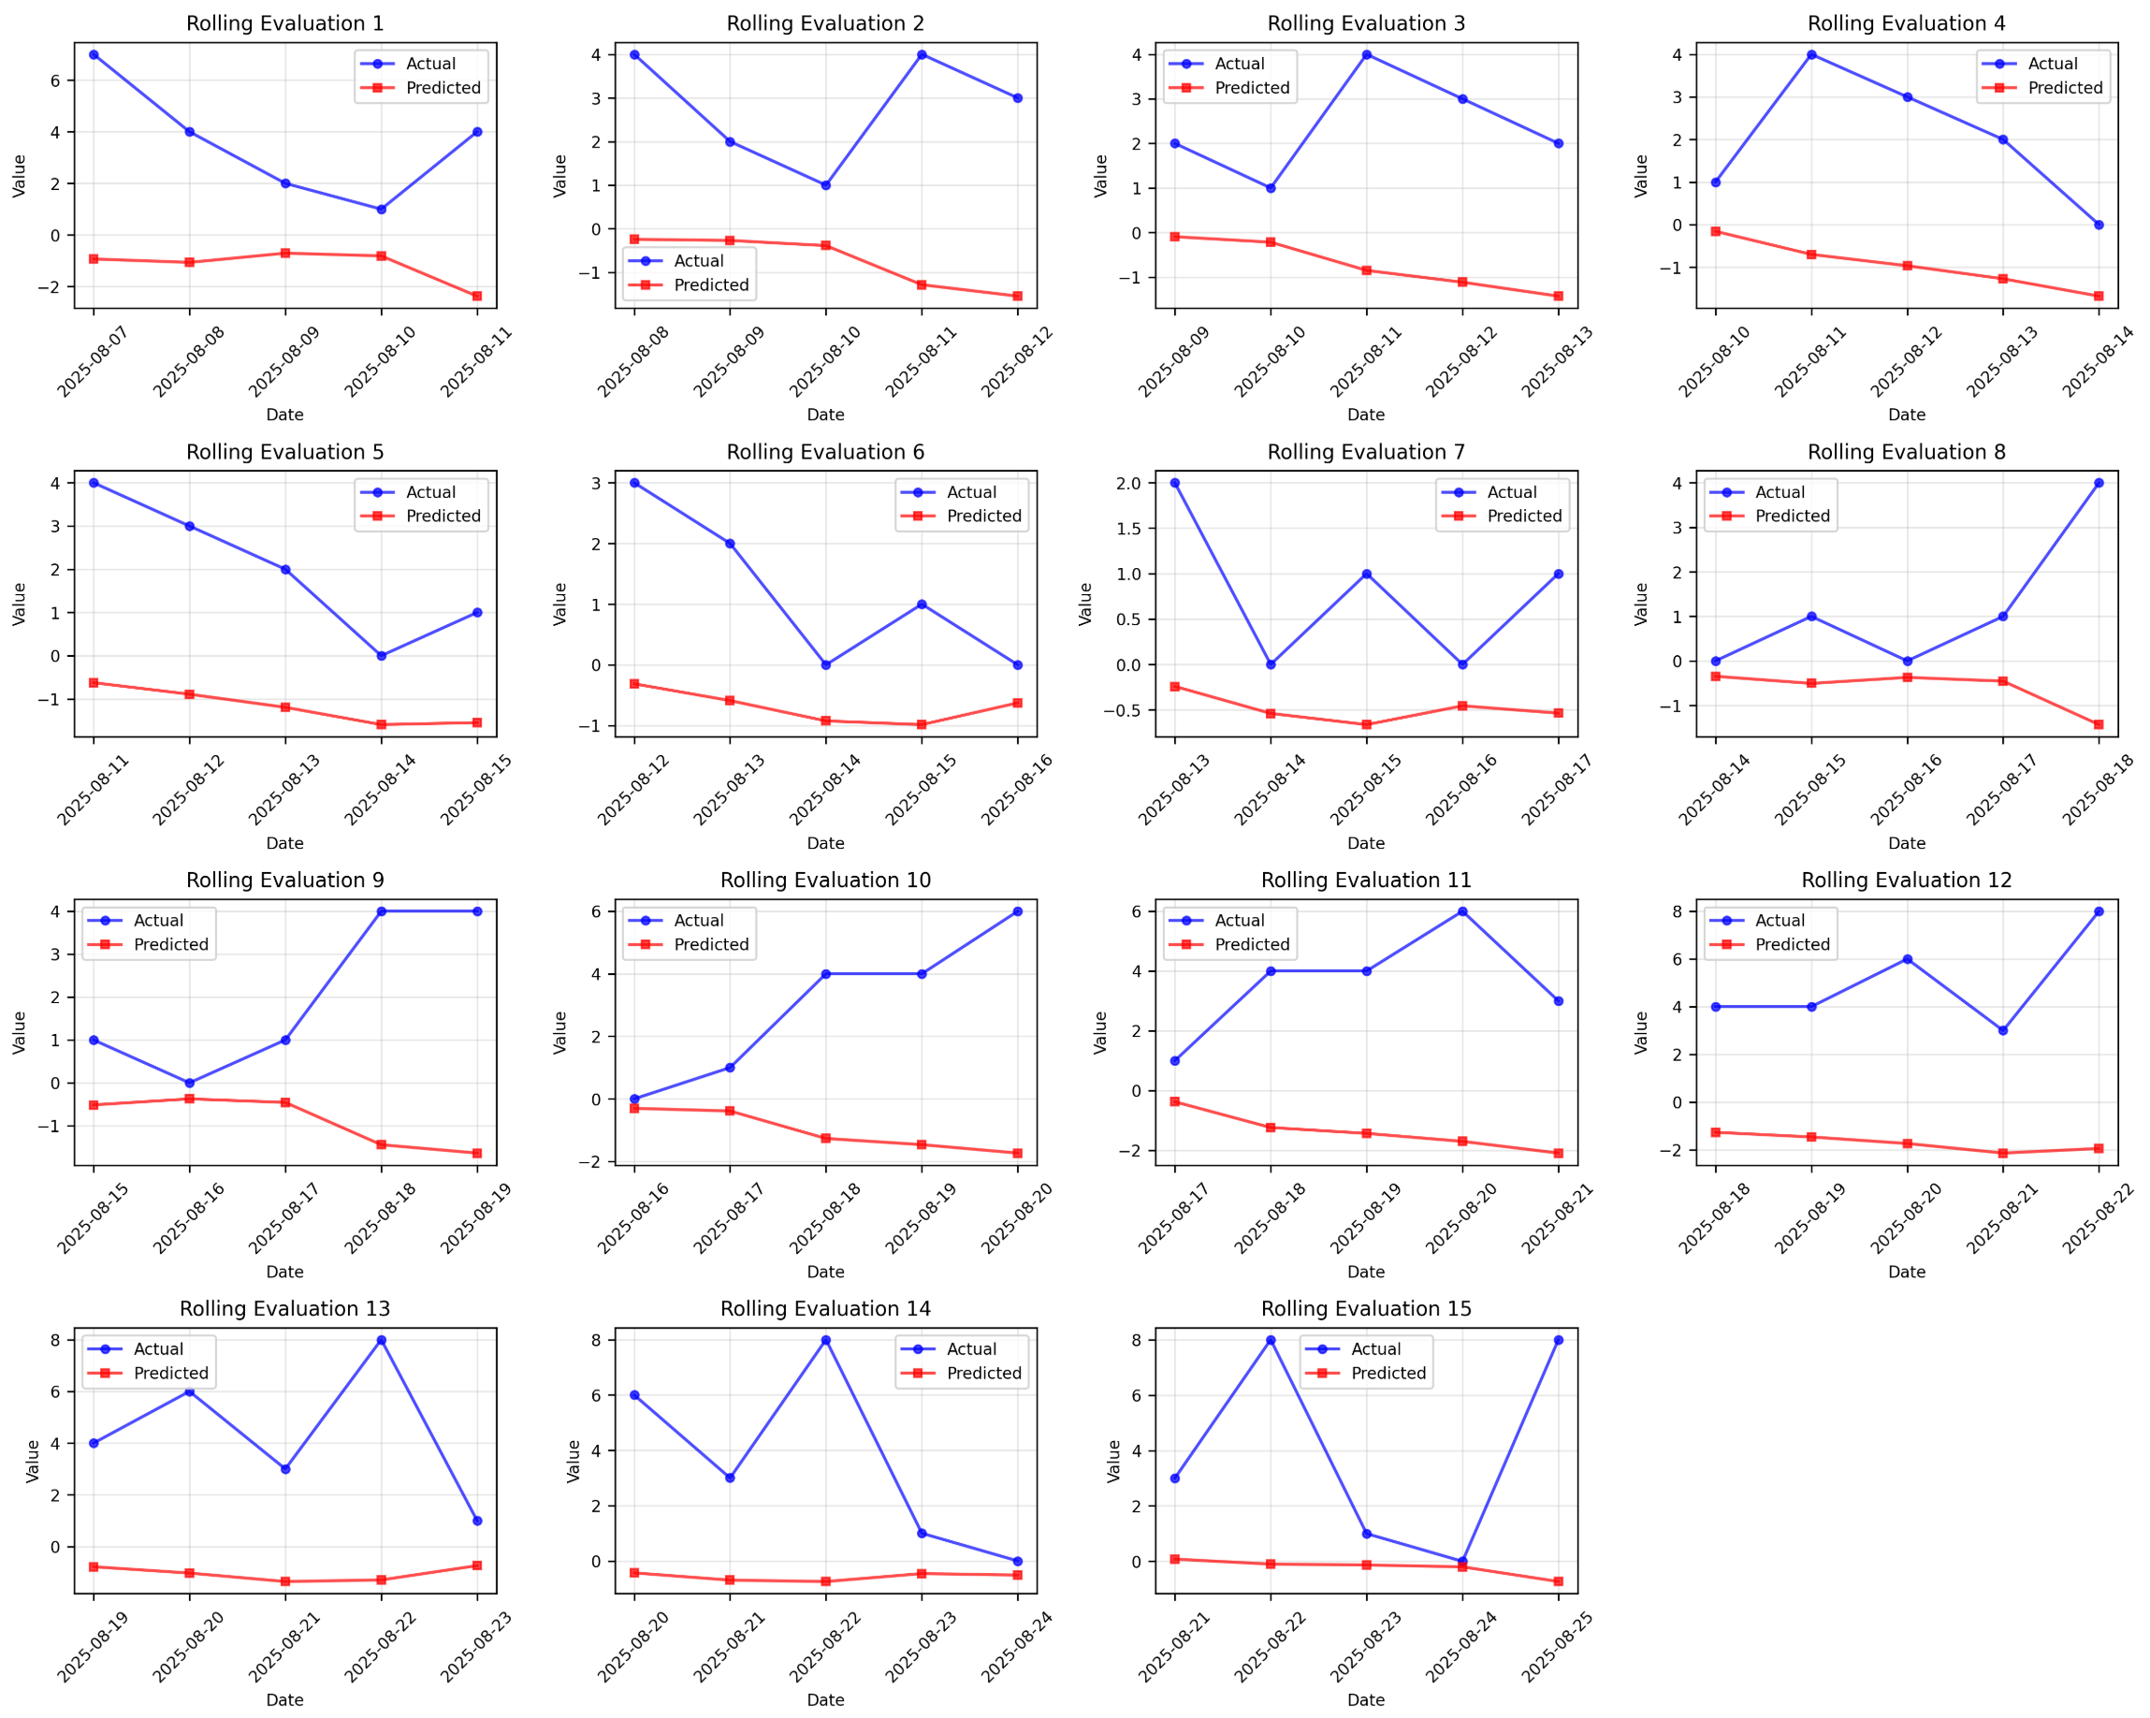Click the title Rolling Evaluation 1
click(x=284, y=23)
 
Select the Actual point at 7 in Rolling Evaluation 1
click(x=94, y=55)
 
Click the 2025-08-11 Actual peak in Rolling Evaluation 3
click(x=1366, y=55)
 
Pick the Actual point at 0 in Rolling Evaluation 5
click(x=381, y=656)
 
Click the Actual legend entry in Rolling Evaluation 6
click(x=970, y=492)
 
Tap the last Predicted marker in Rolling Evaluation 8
click(x=2099, y=725)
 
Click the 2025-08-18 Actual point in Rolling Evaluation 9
click(x=381, y=911)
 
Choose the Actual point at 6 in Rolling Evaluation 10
click(x=1017, y=911)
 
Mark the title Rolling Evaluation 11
click(x=1365, y=881)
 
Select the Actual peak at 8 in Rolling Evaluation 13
click(x=381, y=1340)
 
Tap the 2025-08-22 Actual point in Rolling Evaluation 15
click(x=1271, y=1340)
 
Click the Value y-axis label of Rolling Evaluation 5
click(x=19, y=604)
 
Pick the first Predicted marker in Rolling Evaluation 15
click(x=1175, y=1560)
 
